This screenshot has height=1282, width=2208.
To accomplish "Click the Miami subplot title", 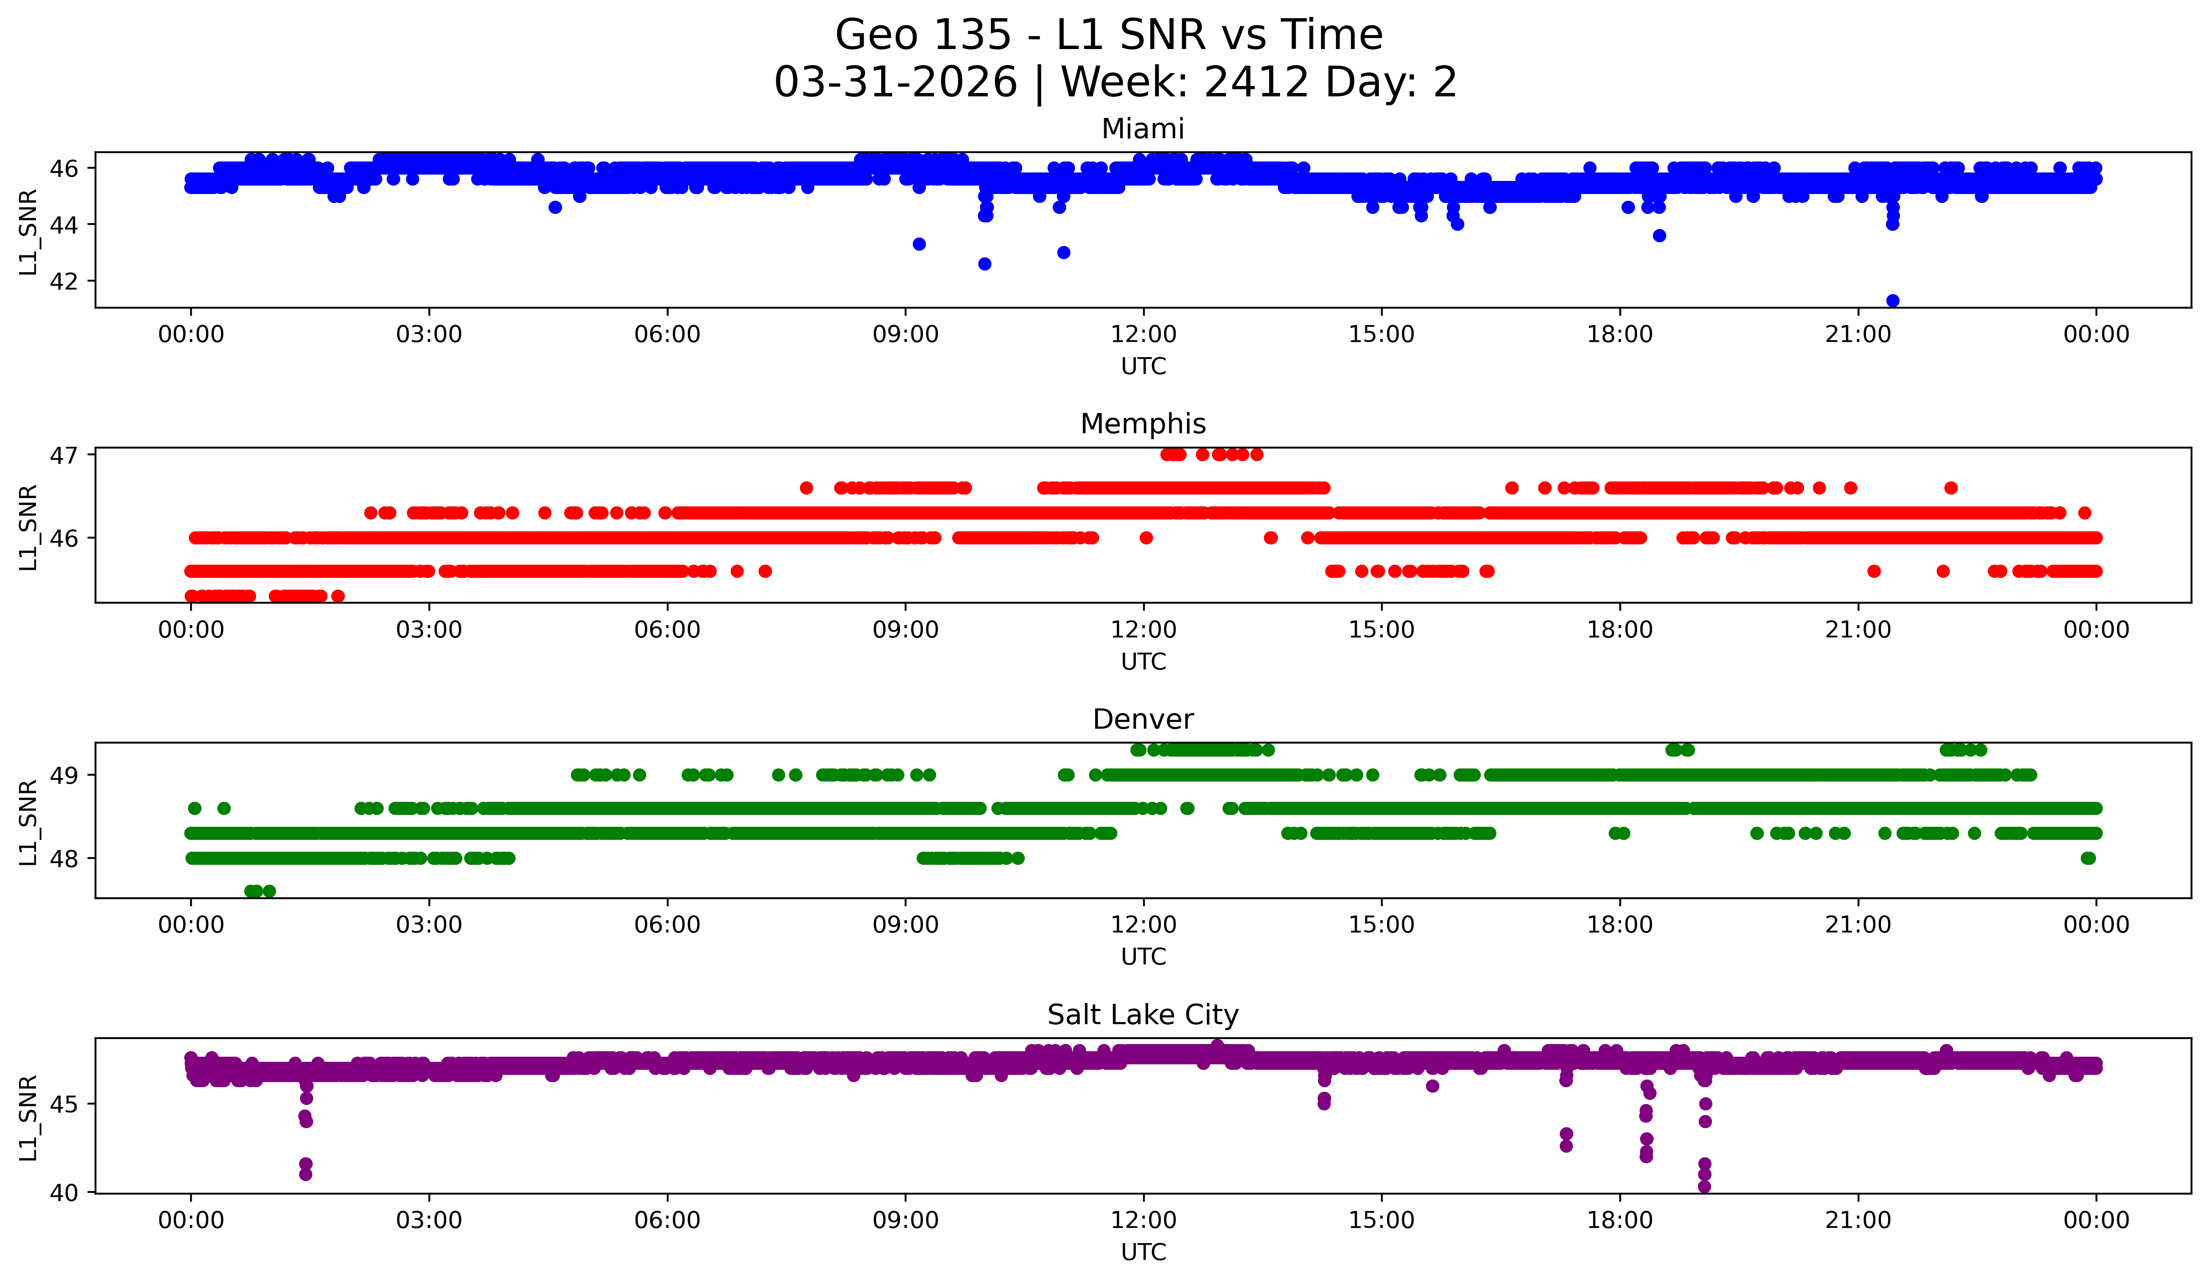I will (1143, 129).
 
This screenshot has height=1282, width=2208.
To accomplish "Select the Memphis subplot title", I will (1143, 424).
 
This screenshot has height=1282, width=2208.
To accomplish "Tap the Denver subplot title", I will (1143, 719).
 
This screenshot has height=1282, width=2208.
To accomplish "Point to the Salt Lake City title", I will (1143, 1015).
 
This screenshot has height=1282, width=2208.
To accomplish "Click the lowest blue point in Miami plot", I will (1893, 301).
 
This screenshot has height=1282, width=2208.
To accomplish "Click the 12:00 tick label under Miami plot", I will (1144, 335).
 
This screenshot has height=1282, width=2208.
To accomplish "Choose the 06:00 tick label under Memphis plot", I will (668, 630).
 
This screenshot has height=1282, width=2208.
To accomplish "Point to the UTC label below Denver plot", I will (1144, 957).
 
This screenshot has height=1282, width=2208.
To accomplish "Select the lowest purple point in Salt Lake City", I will (1704, 1186).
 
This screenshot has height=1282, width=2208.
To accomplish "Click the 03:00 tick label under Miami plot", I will (429, 335).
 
